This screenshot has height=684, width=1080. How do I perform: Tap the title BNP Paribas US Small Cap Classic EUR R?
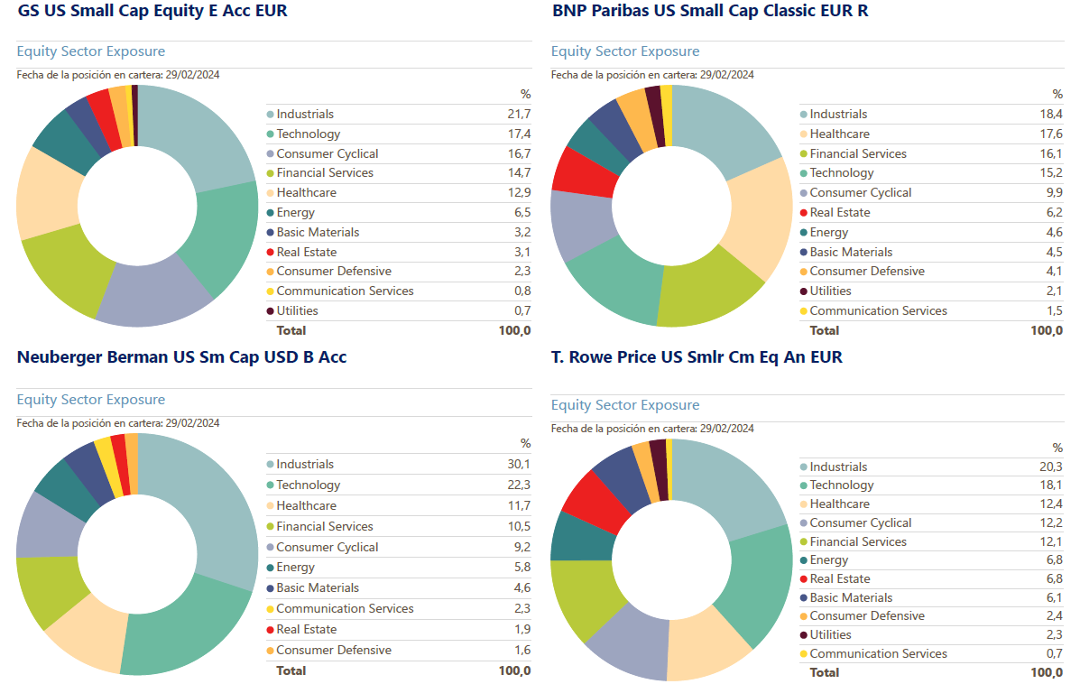[709, 12]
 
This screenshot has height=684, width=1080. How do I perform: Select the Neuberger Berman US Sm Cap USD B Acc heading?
[181, 357]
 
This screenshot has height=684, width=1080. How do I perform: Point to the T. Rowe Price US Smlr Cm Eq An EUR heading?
[697, 357]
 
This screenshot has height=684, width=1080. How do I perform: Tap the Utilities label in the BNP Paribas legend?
[830, 291]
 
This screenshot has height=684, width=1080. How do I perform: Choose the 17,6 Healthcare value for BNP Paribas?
[1051, 134]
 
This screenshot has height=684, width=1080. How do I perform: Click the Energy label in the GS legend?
[295, 213]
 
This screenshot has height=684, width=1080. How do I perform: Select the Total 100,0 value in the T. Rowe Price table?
[1047, 672]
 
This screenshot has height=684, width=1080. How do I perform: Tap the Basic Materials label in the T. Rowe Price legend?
[851, 598]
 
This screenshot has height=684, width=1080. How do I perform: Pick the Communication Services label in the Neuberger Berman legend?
[345, 609]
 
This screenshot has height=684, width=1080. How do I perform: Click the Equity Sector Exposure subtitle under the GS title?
[91, 51]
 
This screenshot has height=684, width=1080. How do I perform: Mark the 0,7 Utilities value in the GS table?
[522, 311]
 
